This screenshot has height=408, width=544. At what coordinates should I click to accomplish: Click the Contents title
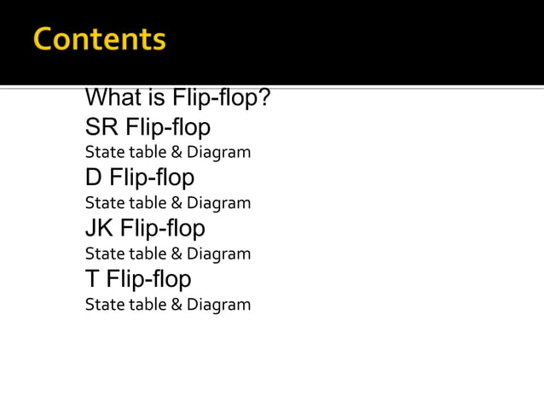(x=100, y=39)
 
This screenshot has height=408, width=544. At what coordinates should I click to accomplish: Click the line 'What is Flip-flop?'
(x=178, y=99)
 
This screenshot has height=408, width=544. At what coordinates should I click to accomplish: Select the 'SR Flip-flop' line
(x=148, y=127)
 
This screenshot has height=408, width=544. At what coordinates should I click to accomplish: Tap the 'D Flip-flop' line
(x=140, y=178)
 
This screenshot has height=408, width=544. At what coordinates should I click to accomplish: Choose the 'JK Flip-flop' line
(x=145, y=228)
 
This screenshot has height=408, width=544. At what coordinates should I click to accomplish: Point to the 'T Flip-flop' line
(x=138, y=279)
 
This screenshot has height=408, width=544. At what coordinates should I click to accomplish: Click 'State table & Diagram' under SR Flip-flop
(x=168, y=153)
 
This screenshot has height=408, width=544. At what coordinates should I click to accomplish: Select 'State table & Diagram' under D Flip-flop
(x=168, y=203)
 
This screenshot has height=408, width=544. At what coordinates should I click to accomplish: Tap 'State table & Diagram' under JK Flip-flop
(x=168, y=254)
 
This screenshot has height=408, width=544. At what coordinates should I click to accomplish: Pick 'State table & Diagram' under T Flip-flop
(x=168, y=305)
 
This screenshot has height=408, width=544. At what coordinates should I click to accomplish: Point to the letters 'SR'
(x=101, y=127)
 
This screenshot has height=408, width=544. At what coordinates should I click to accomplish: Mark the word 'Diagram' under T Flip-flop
(x=219, y=305)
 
